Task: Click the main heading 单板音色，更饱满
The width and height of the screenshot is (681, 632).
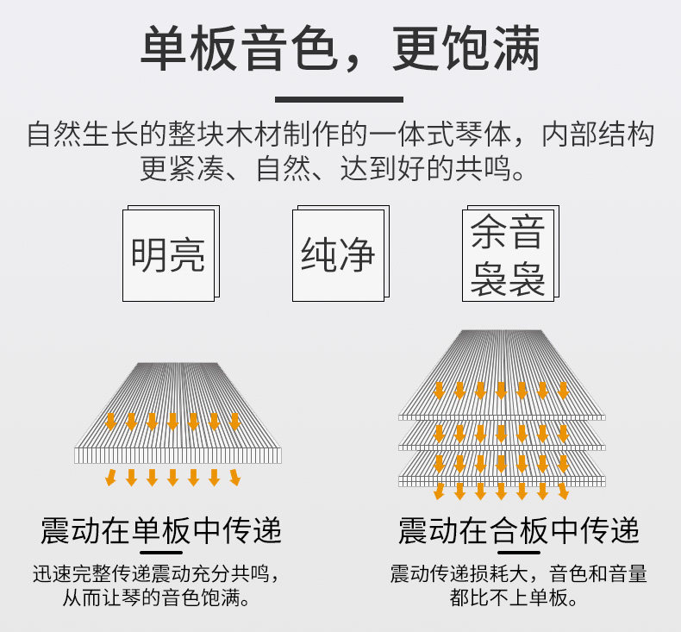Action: tap(340, 47)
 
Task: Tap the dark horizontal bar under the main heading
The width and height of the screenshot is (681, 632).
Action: tap(339, 99)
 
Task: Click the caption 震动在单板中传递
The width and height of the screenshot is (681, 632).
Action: tap(161, 530)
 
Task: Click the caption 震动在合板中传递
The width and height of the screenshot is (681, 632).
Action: tap(519, 530)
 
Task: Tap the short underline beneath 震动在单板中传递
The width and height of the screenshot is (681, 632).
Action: tap(161, 553)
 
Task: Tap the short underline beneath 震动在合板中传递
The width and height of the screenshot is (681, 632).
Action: tap(519, 553)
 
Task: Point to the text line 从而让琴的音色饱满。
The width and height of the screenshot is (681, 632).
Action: tap(156, 598)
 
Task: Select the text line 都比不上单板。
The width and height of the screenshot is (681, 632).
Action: tap(514, 598)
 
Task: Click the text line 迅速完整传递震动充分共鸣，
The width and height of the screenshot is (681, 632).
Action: tap(156, 573)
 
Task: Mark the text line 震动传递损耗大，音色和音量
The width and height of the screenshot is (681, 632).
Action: tap(519, 573)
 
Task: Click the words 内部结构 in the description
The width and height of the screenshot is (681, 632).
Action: tap(597, 135)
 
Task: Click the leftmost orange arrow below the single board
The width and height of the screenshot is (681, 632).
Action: tap(110, 478)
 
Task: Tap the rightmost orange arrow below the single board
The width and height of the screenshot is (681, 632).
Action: tap(235, 478)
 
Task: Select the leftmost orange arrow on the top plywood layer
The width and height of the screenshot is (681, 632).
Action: tap(439, 391)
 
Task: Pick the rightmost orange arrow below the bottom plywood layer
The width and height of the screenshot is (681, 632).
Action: tap(563, 491)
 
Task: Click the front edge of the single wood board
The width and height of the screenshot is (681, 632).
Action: tap(178, 455)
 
